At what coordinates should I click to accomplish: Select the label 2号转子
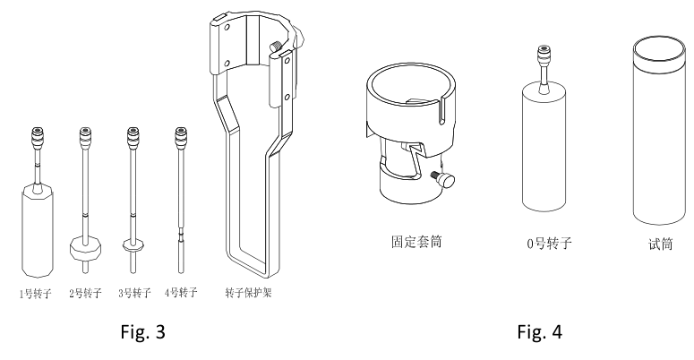(86, 292)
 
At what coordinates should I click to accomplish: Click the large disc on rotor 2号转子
(85, 247)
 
